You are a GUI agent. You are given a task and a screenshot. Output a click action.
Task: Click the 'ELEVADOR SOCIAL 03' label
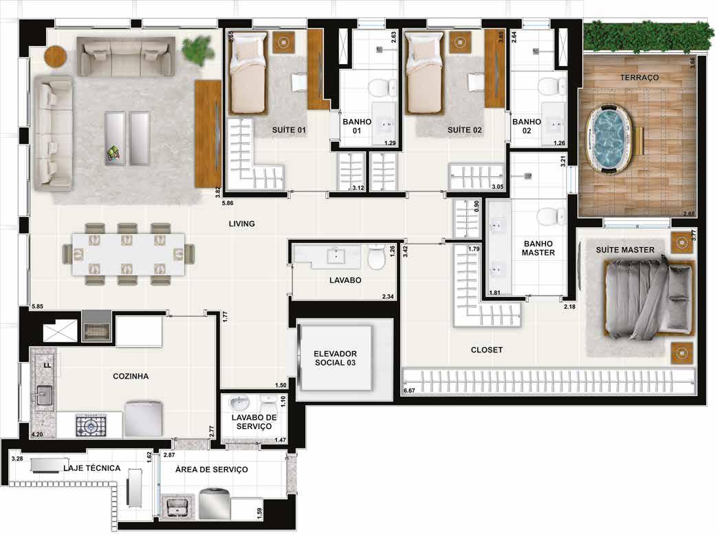pos(335,358)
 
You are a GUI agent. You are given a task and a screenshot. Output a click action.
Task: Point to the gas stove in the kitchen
pos(91,426)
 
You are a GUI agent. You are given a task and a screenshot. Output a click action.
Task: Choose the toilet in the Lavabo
pos(377,258)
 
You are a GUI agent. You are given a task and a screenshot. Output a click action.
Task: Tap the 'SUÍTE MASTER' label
pos(625,250)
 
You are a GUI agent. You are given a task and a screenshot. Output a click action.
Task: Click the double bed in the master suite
pos(649,300)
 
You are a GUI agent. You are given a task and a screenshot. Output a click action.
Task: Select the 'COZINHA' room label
pos(131,377)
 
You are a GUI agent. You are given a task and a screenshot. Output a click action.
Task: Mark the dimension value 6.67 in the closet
pos(409,390)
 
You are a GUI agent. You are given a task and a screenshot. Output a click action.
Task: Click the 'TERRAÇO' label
pos(639,78)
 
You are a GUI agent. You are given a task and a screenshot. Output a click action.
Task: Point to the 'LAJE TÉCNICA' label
pos(91,468)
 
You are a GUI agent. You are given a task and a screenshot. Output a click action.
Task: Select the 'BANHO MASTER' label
pos(538,248)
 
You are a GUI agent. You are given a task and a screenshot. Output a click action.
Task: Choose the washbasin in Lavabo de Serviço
pos(239,403)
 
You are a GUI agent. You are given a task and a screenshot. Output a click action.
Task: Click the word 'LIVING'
pos(242,224)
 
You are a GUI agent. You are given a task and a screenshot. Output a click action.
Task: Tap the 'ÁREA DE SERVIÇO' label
pos(212,470)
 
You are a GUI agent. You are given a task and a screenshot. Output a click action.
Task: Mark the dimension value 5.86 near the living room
pos(228,203)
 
